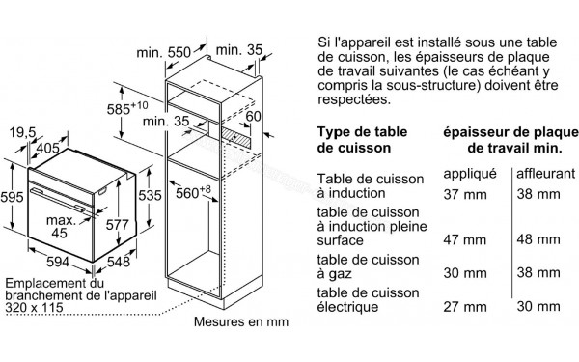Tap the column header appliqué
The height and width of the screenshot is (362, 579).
pos(469,173)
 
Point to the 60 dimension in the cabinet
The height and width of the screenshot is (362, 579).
pos(252,118)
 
